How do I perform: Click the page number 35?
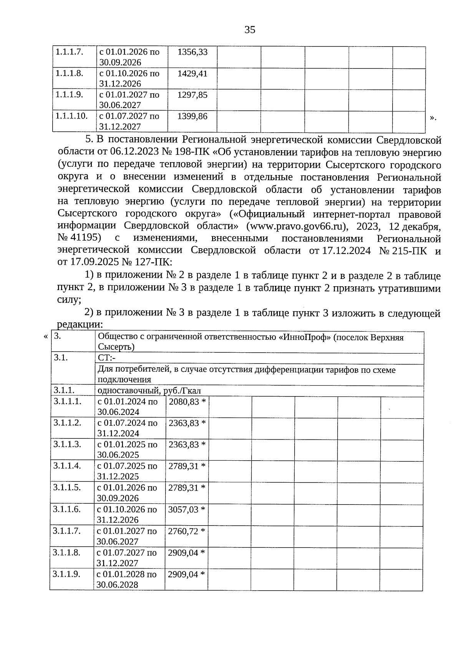(250, 30)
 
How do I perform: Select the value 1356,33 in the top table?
(192, 52)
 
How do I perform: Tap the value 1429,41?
(192, 73)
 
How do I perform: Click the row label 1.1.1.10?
(71, 116)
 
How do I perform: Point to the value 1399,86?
(192, 116)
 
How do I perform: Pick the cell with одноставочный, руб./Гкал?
(149, 391)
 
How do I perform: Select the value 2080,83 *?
(187, 401)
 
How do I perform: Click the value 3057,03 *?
(187, 509)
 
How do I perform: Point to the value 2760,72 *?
(187, 531)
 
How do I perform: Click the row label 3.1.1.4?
(67, 466)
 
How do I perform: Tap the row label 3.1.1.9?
(67, 574)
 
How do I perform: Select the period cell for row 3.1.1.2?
(127, 428)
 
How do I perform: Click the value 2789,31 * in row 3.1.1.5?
(187, 488)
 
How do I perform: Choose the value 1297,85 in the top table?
(192, 95)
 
